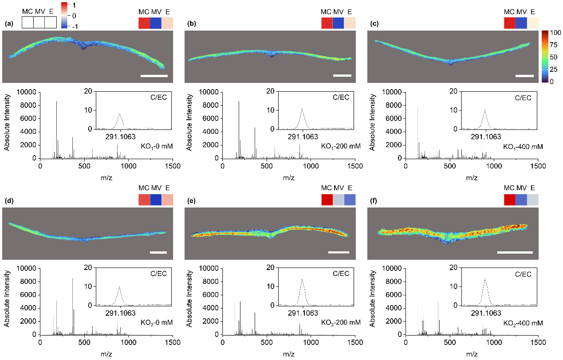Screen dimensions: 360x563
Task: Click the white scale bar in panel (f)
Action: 515,252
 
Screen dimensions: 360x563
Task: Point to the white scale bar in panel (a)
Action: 154,76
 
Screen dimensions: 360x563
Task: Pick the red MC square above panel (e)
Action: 327,200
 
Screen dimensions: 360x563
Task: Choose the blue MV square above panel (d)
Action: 156,200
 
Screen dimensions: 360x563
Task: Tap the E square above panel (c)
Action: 533,23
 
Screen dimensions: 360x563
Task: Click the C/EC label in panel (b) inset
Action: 340,97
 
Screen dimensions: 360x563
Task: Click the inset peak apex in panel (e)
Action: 302,279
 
